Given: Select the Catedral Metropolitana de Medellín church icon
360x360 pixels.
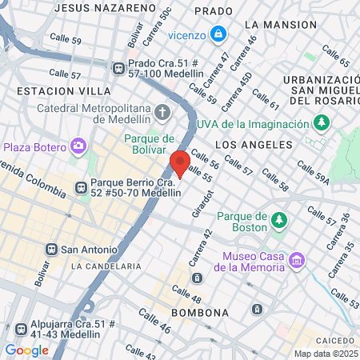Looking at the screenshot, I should (163, 111).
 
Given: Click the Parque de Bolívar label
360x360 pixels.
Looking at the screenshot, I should (155, 144).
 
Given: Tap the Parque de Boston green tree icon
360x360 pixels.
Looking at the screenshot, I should (280, 219).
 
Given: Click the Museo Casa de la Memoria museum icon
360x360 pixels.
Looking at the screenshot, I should (298, 261).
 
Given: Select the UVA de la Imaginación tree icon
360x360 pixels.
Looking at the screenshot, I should (322, 123).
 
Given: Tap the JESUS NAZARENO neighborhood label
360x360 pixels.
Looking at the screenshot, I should (105, 7).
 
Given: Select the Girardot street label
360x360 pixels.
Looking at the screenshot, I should (203, 205).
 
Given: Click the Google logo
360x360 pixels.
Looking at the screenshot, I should (26, 350).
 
